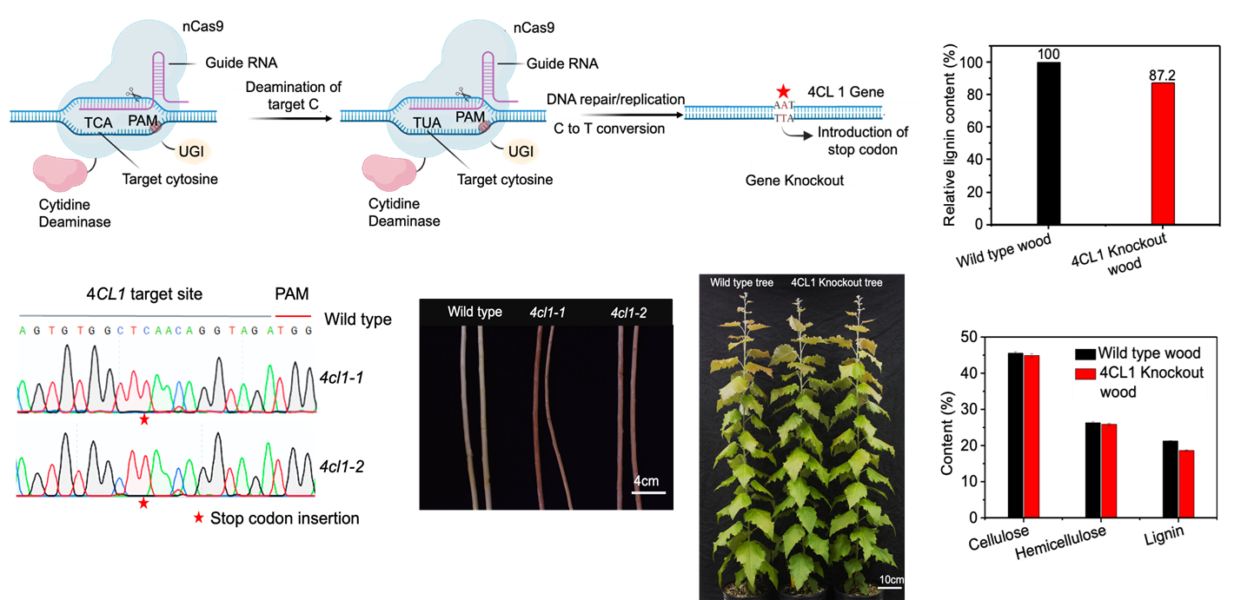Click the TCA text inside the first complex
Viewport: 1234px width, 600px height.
[98, 122]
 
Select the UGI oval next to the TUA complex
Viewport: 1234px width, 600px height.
[521, 152]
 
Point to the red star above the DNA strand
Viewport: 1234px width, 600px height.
[784, 91]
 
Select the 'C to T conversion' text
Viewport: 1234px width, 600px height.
[608, 129]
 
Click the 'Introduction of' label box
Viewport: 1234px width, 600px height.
[862, 132]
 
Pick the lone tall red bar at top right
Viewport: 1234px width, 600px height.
[1163, 153]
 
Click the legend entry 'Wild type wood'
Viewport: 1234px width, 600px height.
[1148, 353]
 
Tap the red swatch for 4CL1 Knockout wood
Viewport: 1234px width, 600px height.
[1085, 373]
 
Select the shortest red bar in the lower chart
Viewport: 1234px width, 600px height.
[1186, 483]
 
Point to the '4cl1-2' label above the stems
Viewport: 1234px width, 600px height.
[628, 312]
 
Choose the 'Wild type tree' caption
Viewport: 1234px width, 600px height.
[741, 282]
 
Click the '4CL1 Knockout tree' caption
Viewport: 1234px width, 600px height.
[837, 282]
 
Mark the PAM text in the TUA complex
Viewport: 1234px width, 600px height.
[470, 116]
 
